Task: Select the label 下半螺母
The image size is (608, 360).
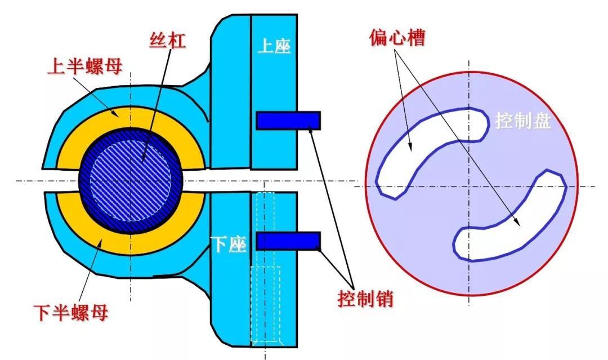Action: coord(71,312)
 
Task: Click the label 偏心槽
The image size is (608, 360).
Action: coord(397,38)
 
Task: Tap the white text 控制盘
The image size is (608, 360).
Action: coord(522,121)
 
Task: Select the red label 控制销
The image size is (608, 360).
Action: coord(365,299)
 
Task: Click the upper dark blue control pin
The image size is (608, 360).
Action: coord(288,120)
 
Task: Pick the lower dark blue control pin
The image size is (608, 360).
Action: coord(288,241)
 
